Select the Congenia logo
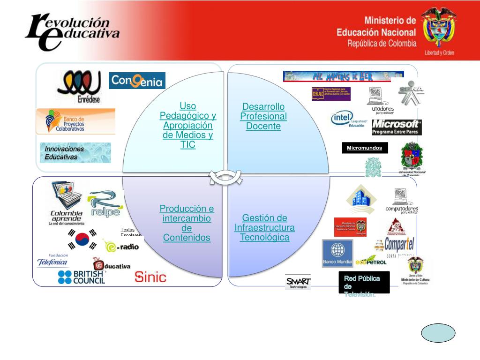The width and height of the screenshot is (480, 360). (137, 81)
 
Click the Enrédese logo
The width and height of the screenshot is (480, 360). (79, 86)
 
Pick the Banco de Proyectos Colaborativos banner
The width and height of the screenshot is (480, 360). (75, 121)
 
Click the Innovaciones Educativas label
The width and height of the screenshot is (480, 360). (75, 153)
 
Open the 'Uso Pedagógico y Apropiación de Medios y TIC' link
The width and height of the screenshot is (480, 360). (187, 126)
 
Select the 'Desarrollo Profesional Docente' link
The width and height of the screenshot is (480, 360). (263, 116)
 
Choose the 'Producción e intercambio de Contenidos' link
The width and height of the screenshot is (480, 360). (187, 223)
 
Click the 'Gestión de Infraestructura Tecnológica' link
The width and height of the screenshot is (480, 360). (265, 227)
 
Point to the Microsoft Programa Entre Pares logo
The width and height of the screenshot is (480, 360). (397, 127)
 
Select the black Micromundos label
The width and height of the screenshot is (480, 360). (365, 148)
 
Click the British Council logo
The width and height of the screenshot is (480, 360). (82, 277)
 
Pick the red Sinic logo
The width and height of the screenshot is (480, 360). (150, 277)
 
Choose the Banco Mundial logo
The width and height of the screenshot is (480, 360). (337, 253)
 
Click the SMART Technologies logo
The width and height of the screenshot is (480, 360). (298, 282)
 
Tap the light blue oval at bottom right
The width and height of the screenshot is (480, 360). (438, 333)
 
